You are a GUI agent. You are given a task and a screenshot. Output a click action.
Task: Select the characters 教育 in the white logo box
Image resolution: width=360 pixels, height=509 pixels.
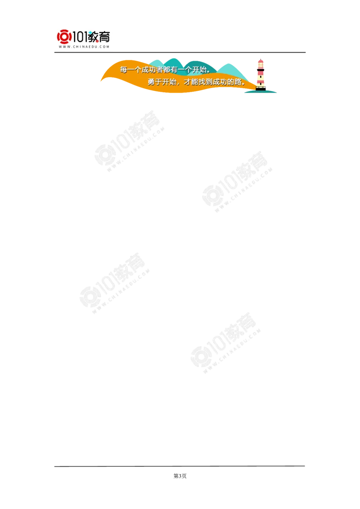[x=100, y=36]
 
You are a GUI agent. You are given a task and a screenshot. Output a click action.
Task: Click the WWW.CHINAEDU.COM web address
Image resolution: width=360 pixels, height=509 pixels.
[x=84, y=47]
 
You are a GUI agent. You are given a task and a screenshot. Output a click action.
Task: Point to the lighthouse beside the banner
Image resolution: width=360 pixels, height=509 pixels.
[x=261, y=75]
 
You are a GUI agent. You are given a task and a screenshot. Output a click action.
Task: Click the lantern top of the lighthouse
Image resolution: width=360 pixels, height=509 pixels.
[x=261, y=63]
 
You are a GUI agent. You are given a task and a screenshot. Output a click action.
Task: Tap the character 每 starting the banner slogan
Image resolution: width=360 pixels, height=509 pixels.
[x=124, y=70]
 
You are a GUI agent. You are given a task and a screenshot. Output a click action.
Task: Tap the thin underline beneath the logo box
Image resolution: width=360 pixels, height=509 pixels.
[x=84, y=53]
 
